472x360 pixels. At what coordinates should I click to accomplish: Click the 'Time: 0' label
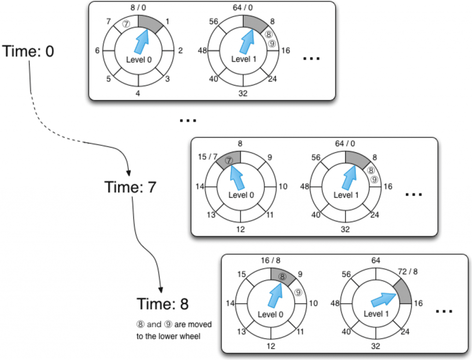click(x=29, y=51)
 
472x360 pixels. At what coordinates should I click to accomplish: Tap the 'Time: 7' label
click(x=130, y=188)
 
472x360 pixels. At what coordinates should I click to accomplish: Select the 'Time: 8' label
click(x=162, y=304)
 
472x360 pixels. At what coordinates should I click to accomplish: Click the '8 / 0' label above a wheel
click(x=138, y=7)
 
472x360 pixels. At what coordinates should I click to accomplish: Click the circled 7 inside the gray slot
click(x=229, y=160)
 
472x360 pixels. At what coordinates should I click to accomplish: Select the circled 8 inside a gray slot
click(x=282, y=277)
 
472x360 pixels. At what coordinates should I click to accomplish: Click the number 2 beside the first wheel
click(x=181, y=51)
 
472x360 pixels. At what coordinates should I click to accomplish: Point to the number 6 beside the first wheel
click(x=98, y=51)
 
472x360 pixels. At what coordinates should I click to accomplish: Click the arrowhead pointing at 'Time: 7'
click(x=128, y=173)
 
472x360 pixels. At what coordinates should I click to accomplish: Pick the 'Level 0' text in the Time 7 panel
click(x=241, y=195)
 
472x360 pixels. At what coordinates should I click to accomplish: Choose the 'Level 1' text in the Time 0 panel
click(x=243, y=59)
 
